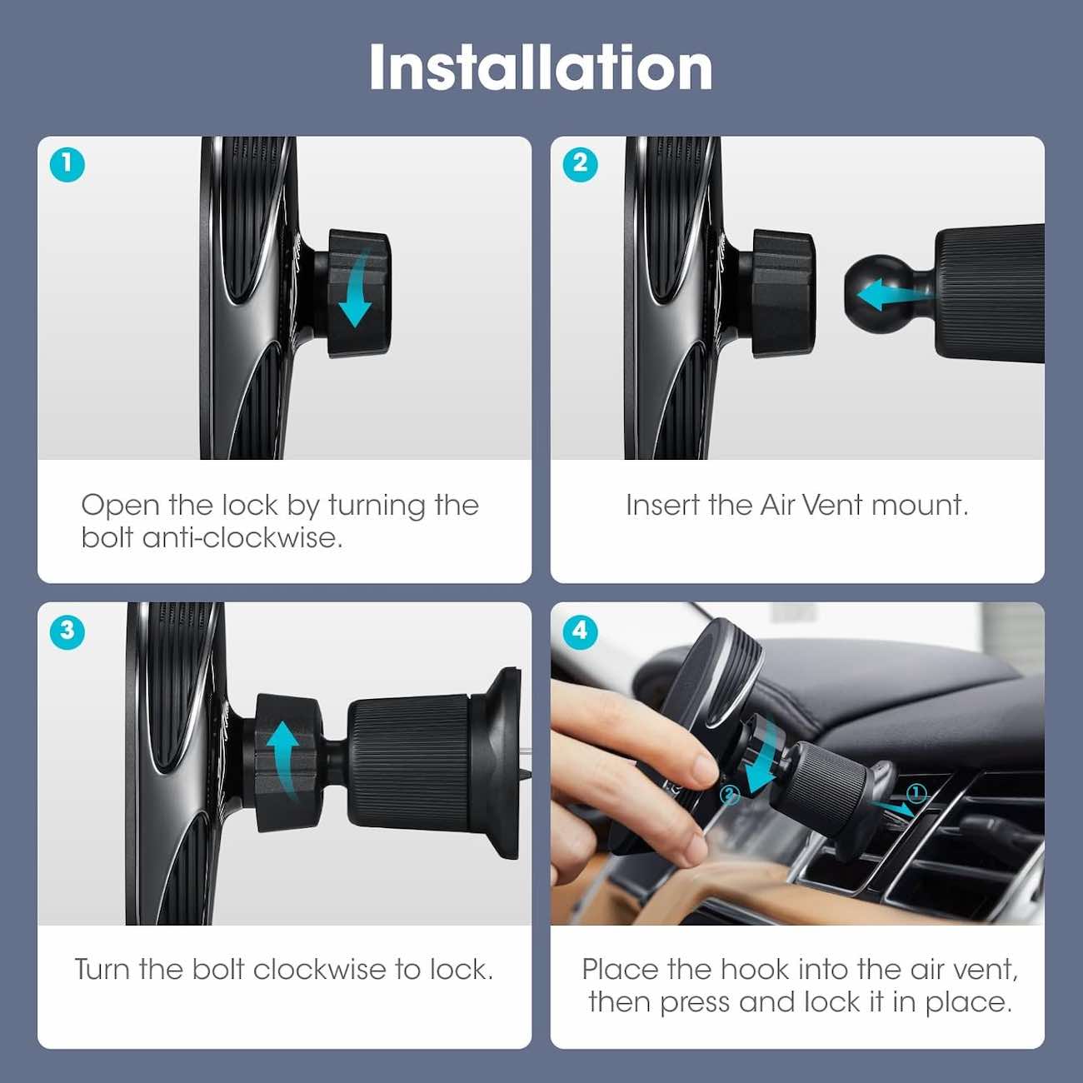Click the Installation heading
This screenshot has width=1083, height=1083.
(541, 67)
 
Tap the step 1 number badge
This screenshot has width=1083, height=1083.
(67, 164)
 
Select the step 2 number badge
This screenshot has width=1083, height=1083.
(580, 164)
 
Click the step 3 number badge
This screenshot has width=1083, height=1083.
(67, 631)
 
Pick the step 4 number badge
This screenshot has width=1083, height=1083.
(580, 631)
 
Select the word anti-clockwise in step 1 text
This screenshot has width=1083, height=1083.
(242, 538)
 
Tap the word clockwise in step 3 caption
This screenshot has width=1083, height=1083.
(319, 970)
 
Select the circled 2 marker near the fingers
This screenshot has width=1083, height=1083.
(730, 795)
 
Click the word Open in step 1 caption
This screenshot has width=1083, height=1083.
(121, 506)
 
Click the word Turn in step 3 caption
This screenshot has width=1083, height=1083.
(102, 970)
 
